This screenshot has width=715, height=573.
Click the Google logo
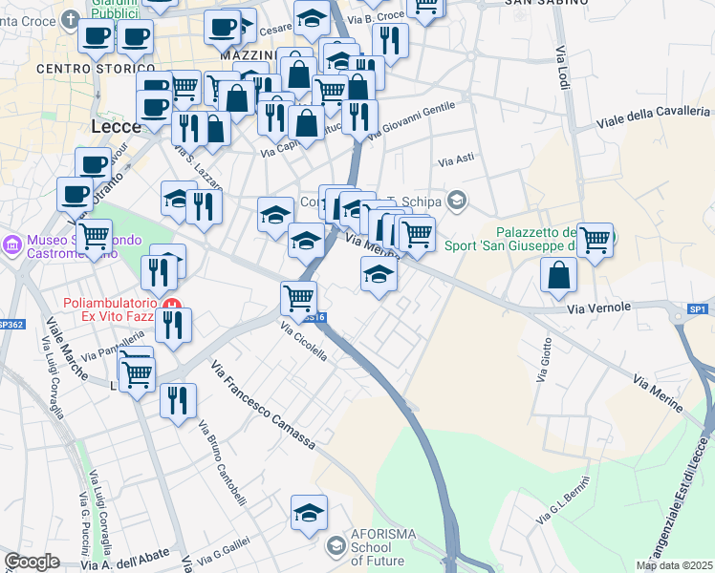[32, 562]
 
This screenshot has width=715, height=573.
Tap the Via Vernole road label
[599, 307]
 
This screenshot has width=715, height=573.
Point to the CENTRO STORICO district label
[96, 69]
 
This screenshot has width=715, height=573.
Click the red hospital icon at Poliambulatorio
[173, 306]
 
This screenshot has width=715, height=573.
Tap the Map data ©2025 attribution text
[674, 565]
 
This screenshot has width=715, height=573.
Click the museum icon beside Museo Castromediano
[12, 245]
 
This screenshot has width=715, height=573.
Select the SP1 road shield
[698, 308]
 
